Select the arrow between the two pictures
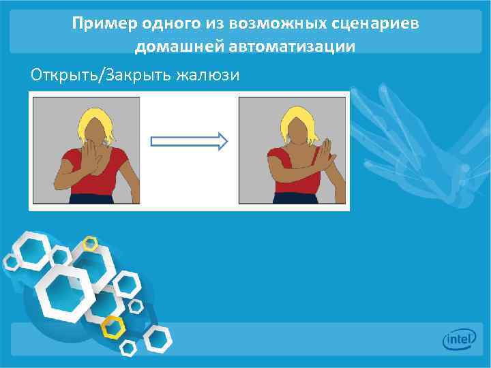tap(188, 142)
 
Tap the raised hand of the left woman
tap(91, 157)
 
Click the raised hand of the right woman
tap(326, 153)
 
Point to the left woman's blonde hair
tap(95, 123)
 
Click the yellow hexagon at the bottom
tap(112, 326)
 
